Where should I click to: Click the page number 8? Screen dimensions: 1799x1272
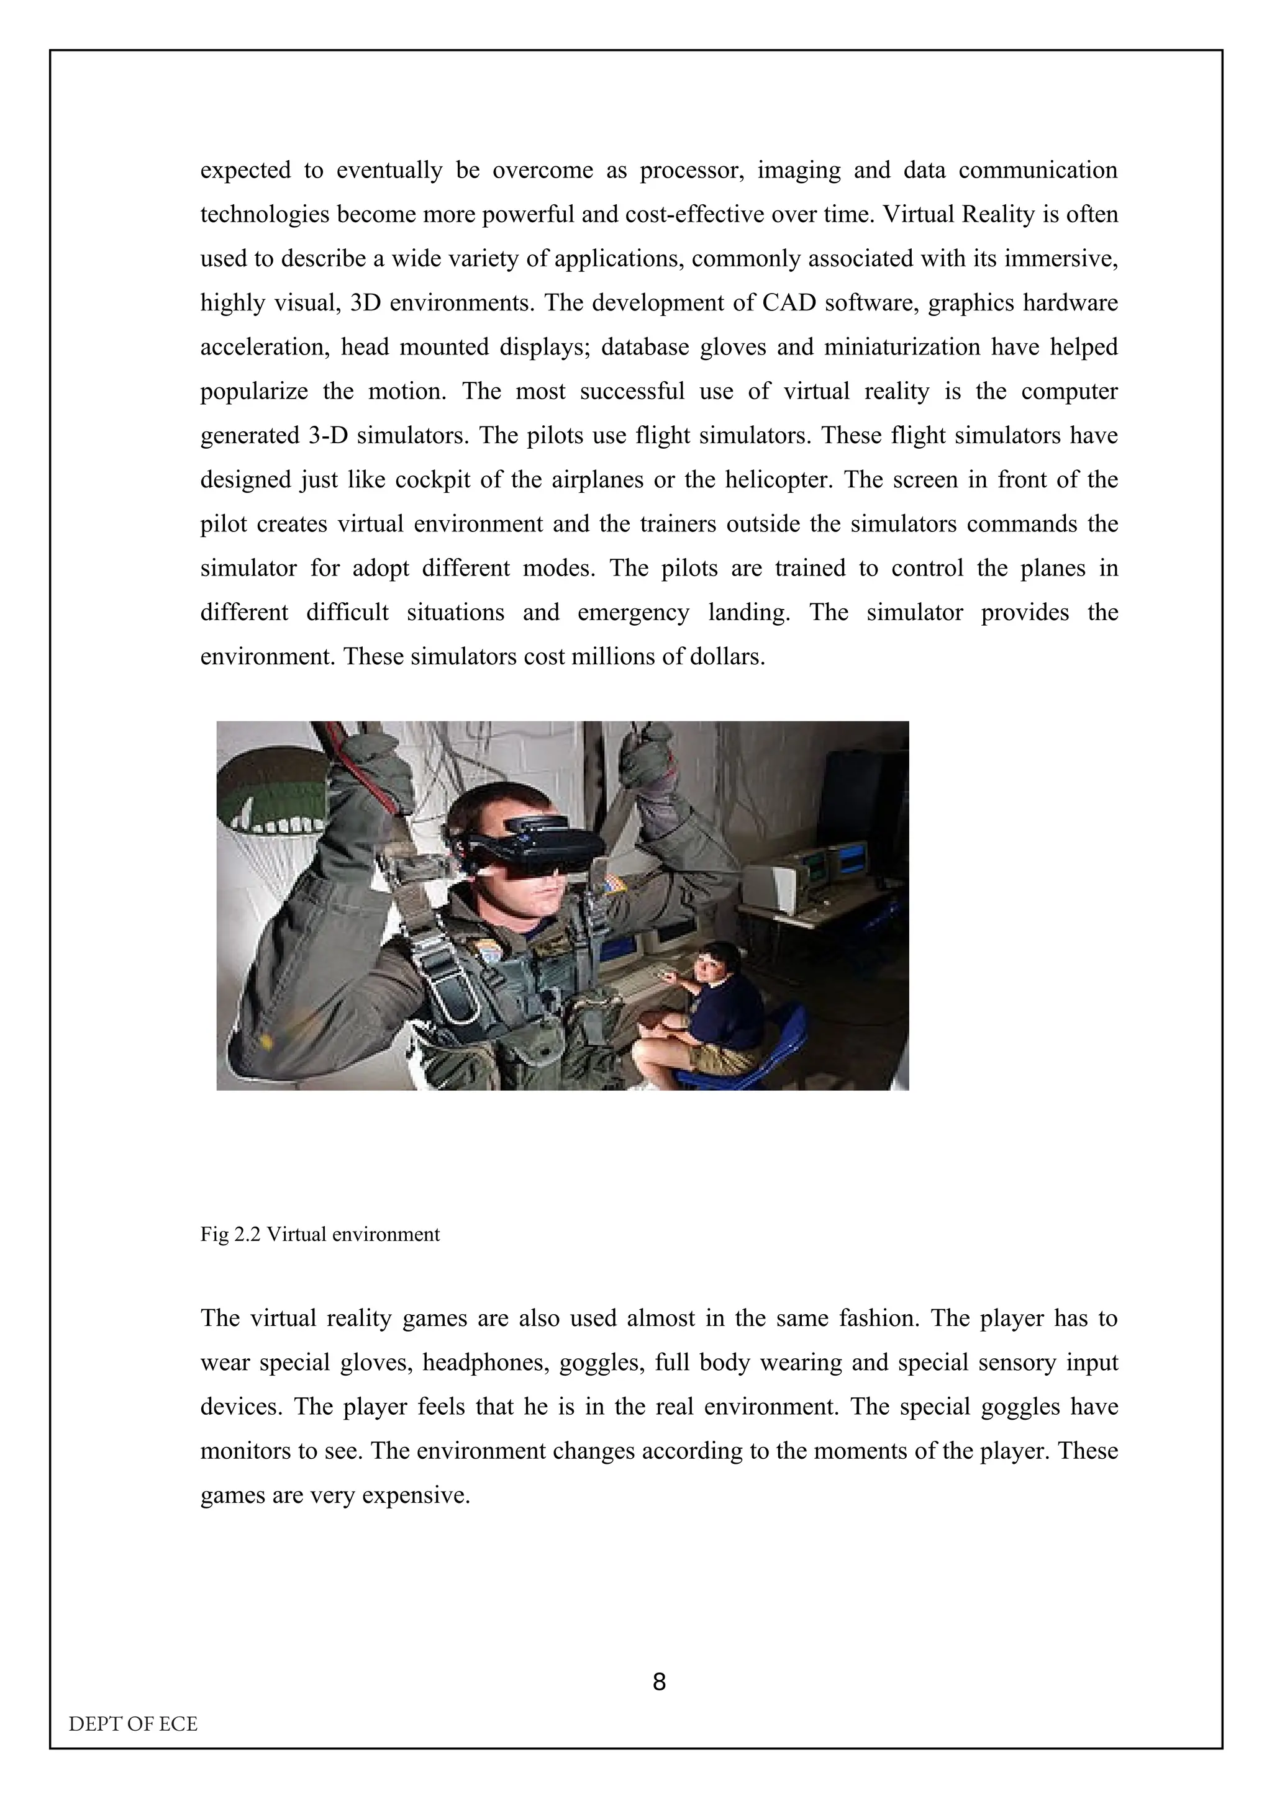click(x=659, y=1682)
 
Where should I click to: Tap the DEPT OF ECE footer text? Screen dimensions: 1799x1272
click(x=134, y=1724)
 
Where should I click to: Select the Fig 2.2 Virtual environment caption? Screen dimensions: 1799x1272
click(x=320, y=1234)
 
